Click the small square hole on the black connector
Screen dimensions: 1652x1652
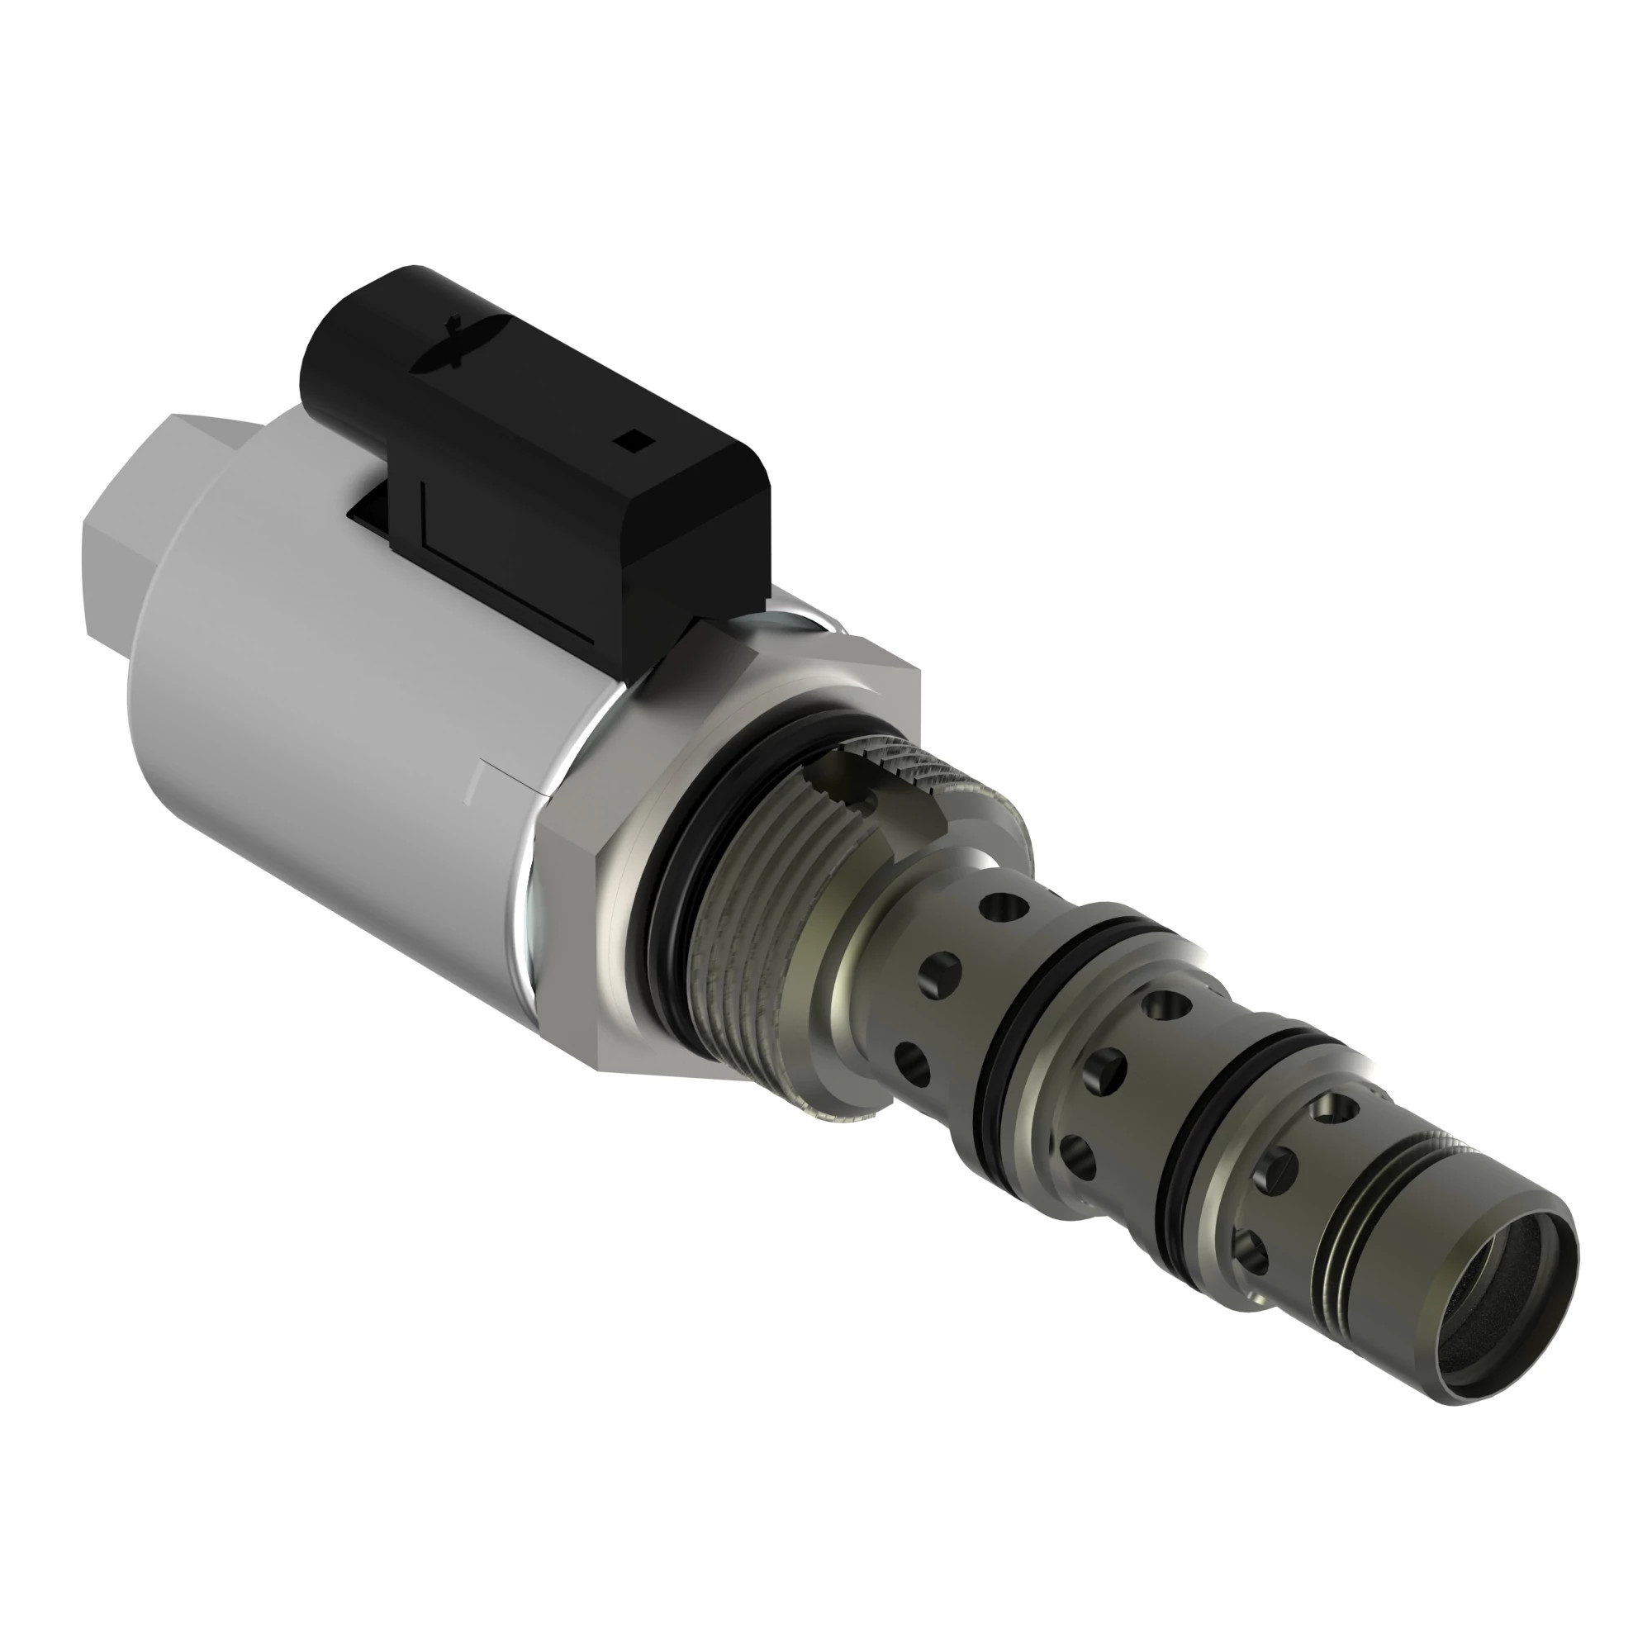point(635,441)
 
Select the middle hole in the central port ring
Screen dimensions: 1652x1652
point(1108,1069)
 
